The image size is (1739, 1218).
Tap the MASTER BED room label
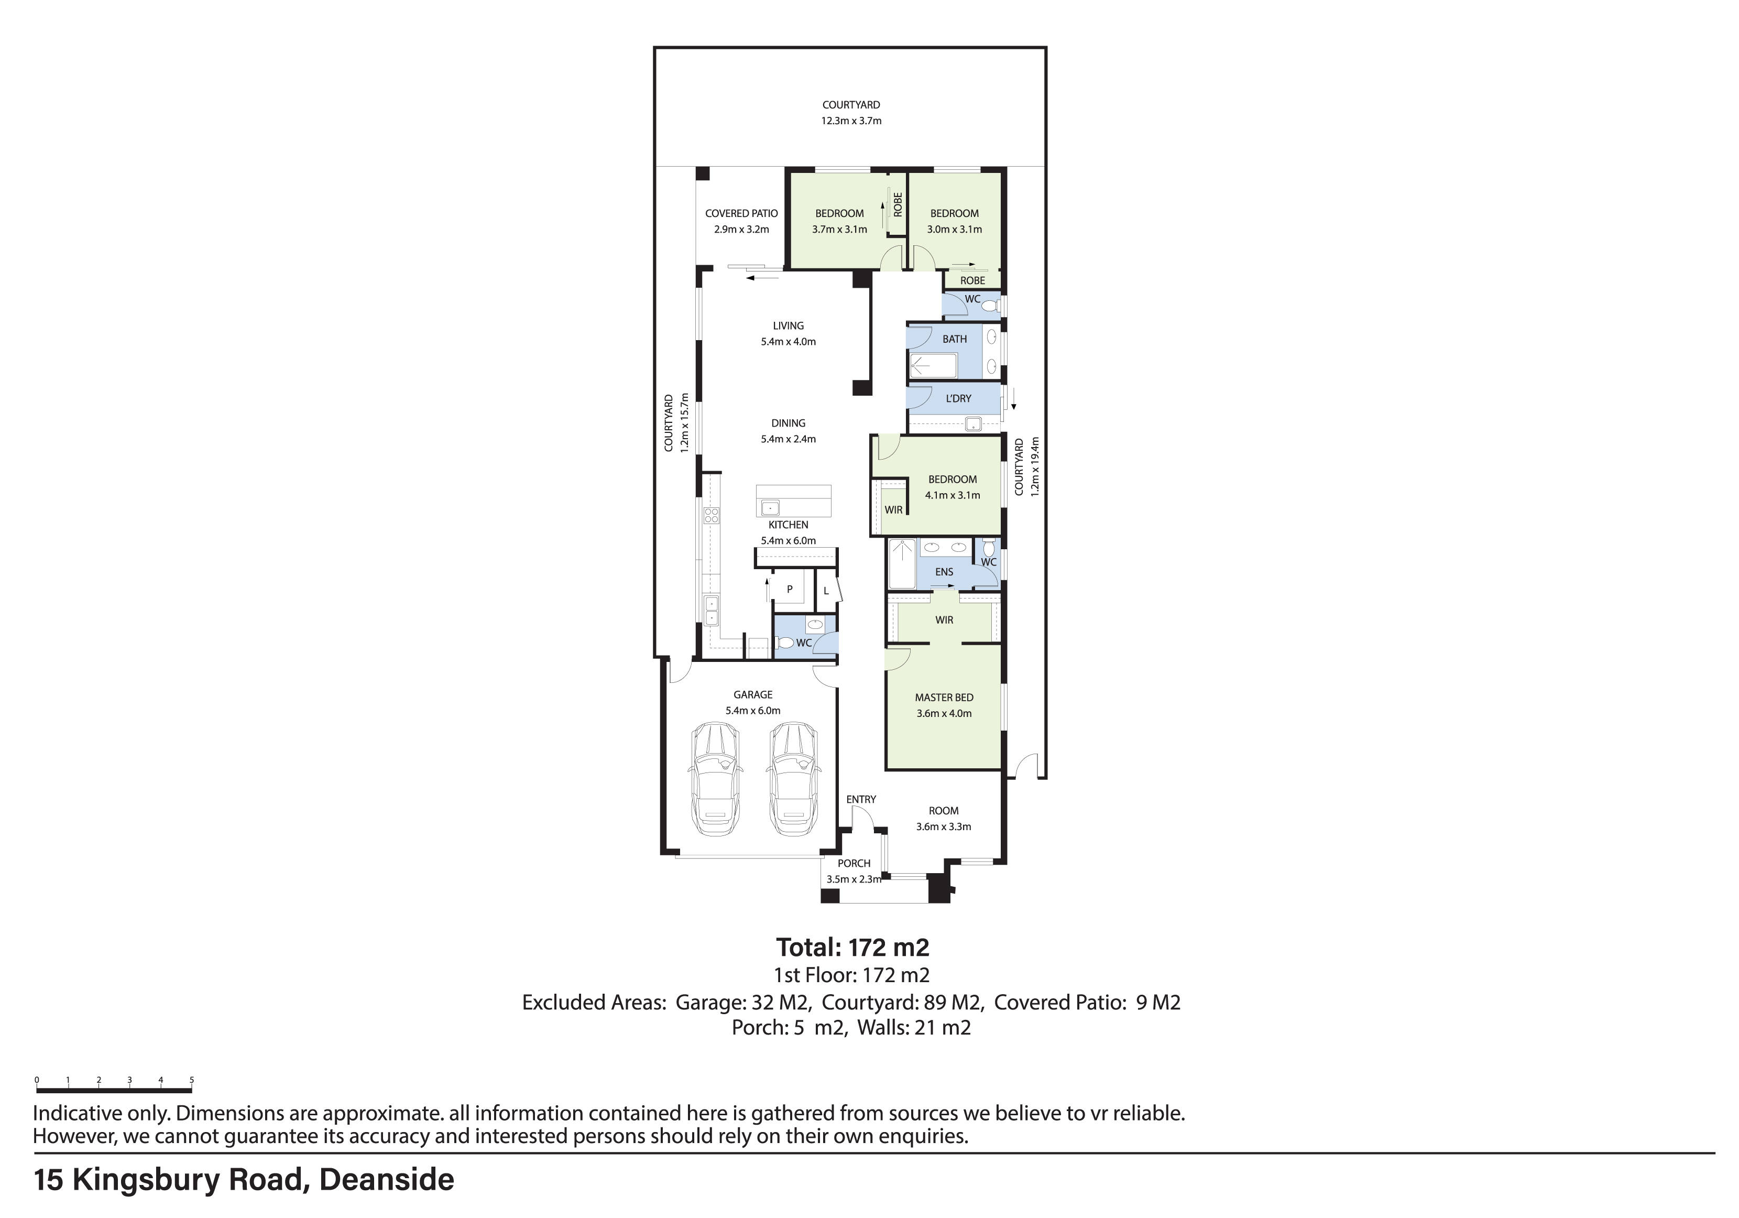coord(944,698)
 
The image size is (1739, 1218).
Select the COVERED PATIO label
coord(741,214)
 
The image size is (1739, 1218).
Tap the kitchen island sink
coord(770,507)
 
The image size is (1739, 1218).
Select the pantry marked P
coord(789,589)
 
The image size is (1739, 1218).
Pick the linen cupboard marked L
coord(826,591)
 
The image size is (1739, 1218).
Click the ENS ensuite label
coord(944,572)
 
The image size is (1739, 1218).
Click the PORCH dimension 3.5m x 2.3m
coord(854,879)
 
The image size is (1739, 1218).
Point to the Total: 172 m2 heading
coord(852,948)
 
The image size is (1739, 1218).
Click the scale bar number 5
coord(192,1080)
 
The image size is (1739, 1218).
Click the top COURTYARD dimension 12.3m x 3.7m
coord(851,121)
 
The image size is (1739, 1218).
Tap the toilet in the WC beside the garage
coord(785,643)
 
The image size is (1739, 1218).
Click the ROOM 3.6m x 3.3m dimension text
coord(944,826)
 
